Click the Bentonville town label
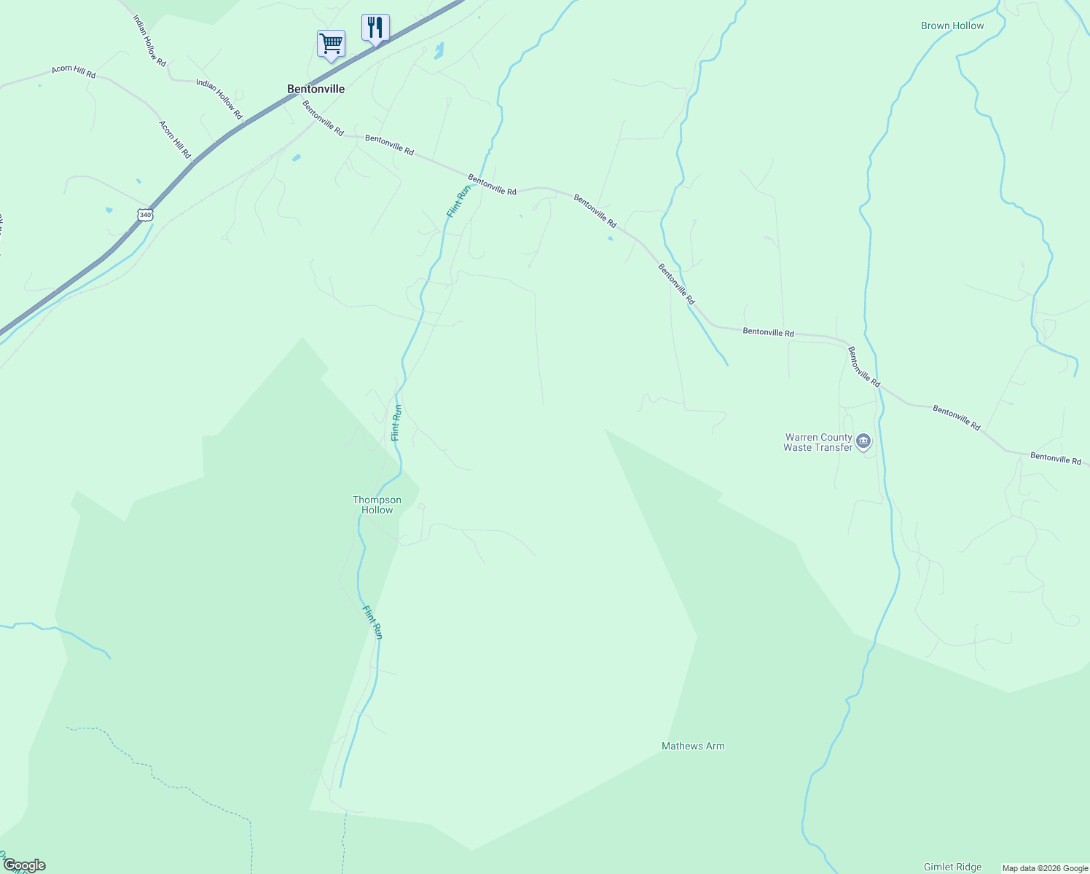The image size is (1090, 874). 315,89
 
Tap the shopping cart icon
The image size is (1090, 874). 331,44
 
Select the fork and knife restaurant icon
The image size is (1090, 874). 375,28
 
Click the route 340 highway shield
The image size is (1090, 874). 145,214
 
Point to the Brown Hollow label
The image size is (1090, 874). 952,25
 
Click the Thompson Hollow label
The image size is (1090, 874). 377,505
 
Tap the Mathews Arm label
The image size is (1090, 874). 693,746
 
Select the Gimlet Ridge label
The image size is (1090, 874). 952,867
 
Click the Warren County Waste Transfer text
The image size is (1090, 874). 817,442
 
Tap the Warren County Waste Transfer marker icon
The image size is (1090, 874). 863,441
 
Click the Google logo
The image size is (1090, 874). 24,865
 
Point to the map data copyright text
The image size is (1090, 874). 1044,868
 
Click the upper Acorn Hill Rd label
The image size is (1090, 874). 74,71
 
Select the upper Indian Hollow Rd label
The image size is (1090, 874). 150,39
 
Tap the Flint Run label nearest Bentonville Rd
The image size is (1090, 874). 458,201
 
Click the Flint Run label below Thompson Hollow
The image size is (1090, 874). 373,622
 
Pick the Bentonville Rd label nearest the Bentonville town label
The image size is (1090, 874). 323,118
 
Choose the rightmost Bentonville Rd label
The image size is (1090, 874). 1056,459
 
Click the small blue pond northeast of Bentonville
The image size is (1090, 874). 439,50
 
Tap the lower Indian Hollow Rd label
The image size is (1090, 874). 219,95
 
